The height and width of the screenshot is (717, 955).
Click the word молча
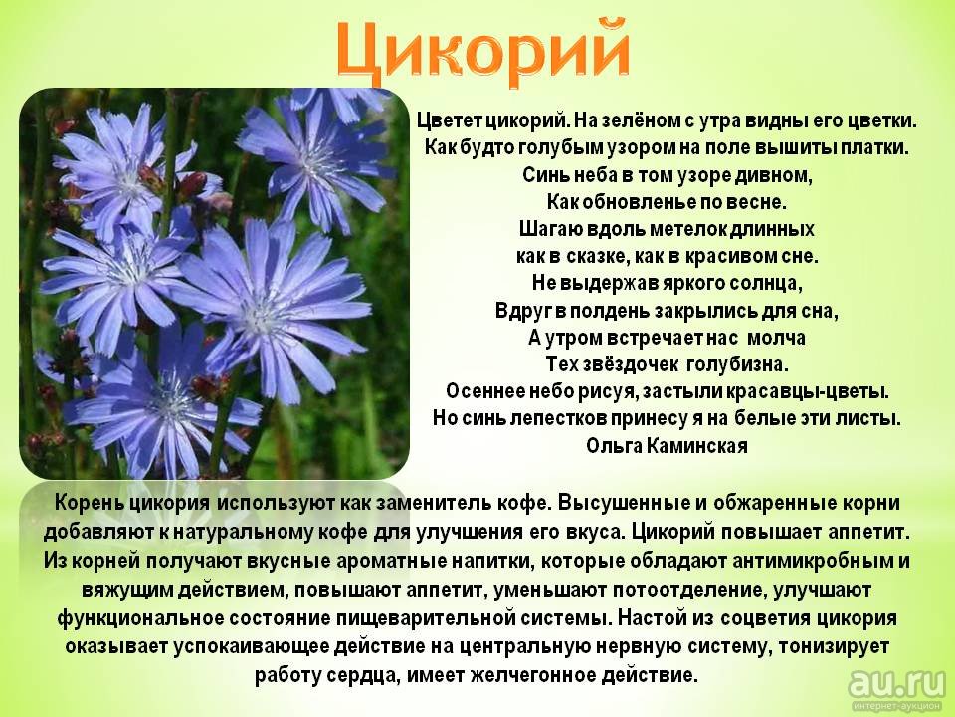(x=776, y=338)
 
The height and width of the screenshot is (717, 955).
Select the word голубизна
(x=737, y=364)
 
